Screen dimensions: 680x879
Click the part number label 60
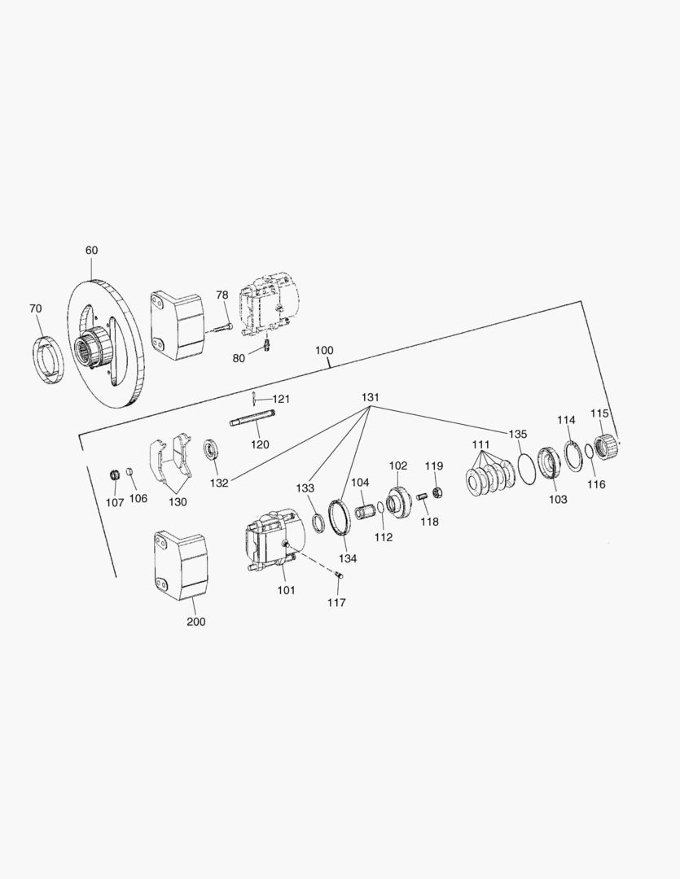coord(91,250)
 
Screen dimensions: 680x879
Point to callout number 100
coord(324,350)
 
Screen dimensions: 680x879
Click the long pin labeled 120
coord(252,419)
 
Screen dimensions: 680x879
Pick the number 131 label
coord(371,397)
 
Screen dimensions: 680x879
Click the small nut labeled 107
coord(115,475)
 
